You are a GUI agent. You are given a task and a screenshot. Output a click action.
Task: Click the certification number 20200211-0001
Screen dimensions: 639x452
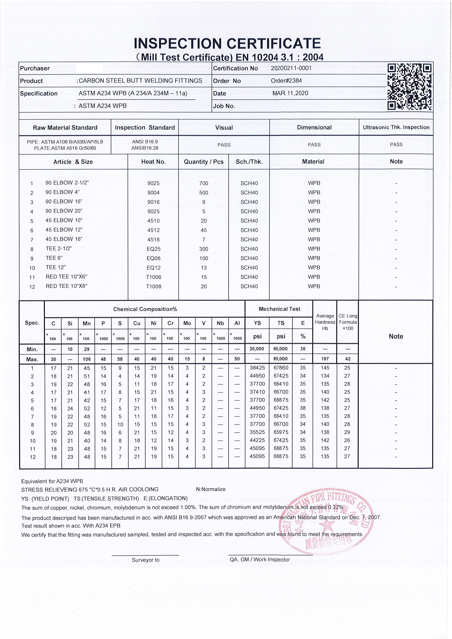point(291,68)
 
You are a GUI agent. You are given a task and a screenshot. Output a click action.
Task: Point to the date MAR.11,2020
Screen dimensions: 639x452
point(290,93)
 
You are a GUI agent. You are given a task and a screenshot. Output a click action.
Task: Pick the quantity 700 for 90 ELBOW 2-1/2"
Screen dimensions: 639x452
point(204,183)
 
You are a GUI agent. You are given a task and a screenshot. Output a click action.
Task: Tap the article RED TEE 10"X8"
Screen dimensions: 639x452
point(67,286)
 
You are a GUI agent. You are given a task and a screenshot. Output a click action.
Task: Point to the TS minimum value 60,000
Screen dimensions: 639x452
point(281,349)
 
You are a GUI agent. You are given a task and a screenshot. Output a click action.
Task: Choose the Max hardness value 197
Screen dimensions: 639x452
point(325,359)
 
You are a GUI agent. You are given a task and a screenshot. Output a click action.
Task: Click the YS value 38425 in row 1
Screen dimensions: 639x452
point(257,368)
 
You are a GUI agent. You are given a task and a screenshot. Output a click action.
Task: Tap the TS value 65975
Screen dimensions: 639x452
point(281,432)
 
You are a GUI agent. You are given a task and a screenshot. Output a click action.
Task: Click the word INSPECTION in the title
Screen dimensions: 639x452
point(178,44)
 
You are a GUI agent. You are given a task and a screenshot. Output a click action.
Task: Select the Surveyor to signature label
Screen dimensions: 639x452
point(145,560)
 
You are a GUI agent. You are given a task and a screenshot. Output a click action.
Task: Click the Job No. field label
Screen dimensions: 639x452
point(224,106)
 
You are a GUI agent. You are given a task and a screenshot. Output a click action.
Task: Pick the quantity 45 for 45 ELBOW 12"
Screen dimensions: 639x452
point(204,230)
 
